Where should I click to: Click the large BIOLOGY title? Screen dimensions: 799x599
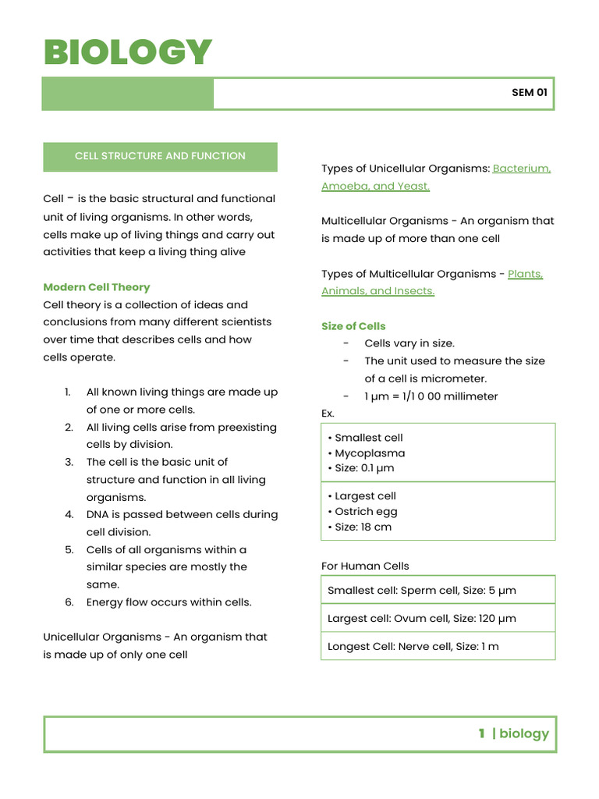point(128,52)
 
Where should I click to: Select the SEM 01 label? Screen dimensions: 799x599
point(529,92)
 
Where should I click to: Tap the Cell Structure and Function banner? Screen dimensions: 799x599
point(160,156)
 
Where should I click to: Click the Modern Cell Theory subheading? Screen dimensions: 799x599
point(97,287)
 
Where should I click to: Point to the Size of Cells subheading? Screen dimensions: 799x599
point(353,326)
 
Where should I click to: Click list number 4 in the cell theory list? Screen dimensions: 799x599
point(69,515)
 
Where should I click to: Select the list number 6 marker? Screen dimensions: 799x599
point(69,602)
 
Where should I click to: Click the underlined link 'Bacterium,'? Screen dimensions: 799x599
point(522,169)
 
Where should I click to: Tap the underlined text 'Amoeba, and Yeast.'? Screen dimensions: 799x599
point(375,186)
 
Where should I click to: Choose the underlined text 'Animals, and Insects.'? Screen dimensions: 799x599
point(377,291)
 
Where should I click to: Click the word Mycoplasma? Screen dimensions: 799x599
point(370,453)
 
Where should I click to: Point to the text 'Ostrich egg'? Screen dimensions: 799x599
point(366,512)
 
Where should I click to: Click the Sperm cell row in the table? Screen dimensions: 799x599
point(421,591)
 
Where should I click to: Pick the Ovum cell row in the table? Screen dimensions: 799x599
point(421,619)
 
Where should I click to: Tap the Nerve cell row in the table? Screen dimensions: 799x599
point(413,647)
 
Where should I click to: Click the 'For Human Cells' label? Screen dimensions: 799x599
point(365,566)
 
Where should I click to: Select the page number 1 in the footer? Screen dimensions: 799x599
point(482,733)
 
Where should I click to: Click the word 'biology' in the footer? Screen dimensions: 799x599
point(524,733)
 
